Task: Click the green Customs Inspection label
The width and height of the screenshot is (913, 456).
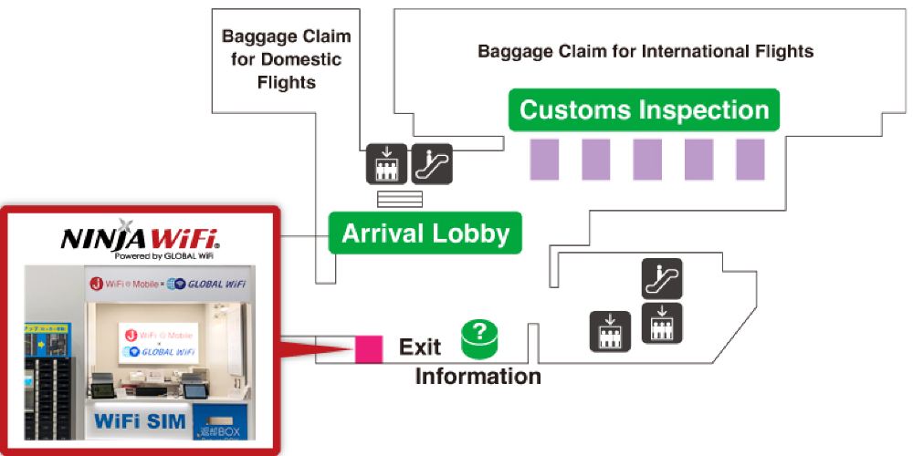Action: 644,110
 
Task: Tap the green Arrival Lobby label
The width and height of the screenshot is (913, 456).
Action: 425,233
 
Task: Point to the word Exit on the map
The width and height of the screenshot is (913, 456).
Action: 420,347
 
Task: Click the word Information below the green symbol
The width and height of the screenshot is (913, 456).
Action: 477,376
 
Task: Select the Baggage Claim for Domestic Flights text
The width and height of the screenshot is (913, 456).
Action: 286,59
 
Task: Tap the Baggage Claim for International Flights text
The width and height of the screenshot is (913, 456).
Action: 645,51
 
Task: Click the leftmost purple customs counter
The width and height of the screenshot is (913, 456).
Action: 544,159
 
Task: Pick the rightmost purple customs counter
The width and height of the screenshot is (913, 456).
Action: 750,159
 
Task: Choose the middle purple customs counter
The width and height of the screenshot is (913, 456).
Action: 647,159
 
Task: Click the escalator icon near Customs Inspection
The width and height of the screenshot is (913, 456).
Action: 432,163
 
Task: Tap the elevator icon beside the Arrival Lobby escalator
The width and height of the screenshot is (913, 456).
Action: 386,163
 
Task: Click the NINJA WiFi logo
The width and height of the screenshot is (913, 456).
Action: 139,239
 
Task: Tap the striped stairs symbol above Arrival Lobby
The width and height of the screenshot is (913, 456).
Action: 400,199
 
